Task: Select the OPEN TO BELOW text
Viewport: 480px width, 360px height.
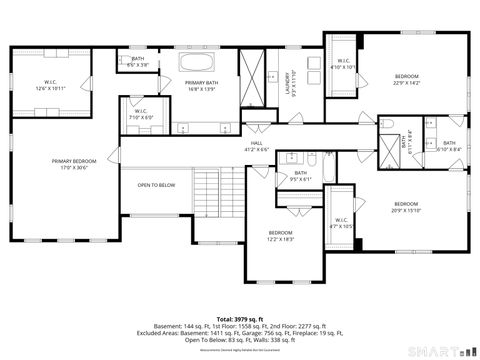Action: click(156, 185)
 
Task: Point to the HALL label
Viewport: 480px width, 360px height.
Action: click(256, 147)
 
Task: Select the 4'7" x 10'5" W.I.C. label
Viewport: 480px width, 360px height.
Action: click(340, 223)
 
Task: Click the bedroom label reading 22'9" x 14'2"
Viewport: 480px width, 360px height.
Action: click(407, 80)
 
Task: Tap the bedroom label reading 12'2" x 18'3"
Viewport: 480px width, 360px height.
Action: click(280, 236)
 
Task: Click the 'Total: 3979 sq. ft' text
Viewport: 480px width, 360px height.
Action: click(239, 318)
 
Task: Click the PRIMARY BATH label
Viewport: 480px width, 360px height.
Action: click(201, 86)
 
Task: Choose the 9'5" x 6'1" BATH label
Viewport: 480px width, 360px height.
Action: click(301, 176)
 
